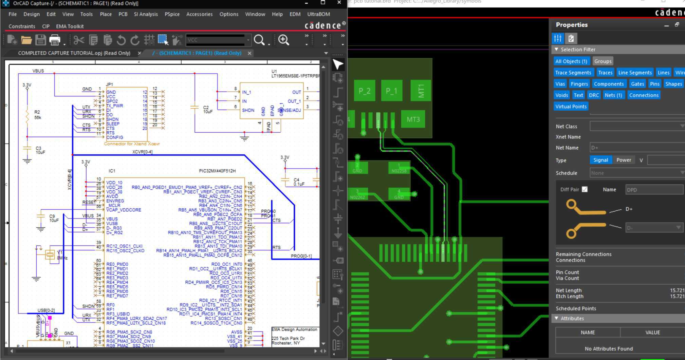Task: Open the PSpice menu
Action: [172, 14]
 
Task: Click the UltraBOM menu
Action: [318, 14]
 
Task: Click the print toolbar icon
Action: [55, 40]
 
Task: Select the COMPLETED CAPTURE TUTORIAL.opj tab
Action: [74, 53]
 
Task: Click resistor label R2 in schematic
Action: [37, 112]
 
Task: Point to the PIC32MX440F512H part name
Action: [217, 171]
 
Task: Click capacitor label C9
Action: [52, 216]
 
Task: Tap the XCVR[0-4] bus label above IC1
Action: [142, 152]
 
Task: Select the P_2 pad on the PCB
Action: [364, 91]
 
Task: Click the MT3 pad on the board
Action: [413, 119]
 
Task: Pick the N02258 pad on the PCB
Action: [399, 168]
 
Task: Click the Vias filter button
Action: [560, 84]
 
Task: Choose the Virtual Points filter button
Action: [571, 107]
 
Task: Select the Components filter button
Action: [609, 84]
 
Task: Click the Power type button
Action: [624, 160]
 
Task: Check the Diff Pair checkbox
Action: [585, 189]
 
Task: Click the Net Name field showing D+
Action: [637, 148]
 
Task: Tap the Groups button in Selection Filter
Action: [603, 61]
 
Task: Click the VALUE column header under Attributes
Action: [652, 333]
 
